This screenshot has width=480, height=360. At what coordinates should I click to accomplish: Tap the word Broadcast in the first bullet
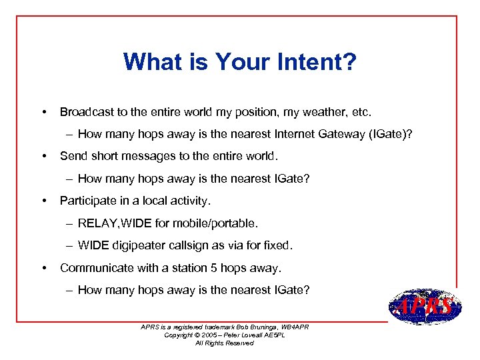coord(85,111)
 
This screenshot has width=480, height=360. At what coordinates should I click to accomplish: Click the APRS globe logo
coord(423,307)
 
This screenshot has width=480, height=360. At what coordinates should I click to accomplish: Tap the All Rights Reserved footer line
coord(224,343)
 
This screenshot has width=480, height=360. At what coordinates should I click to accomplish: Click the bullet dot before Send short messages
coord(44,156)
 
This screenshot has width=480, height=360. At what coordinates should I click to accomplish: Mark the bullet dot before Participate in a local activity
coord(44,201)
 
